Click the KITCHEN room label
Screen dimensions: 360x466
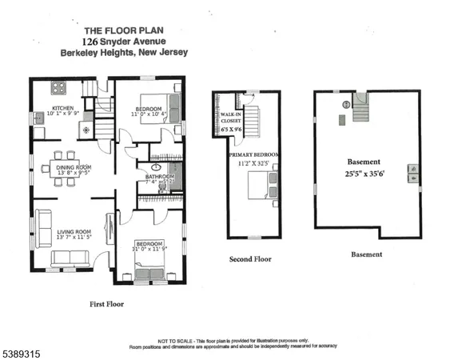point(62,108)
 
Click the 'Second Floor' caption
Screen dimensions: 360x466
point(250,259)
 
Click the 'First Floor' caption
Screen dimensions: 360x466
point(106,304)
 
